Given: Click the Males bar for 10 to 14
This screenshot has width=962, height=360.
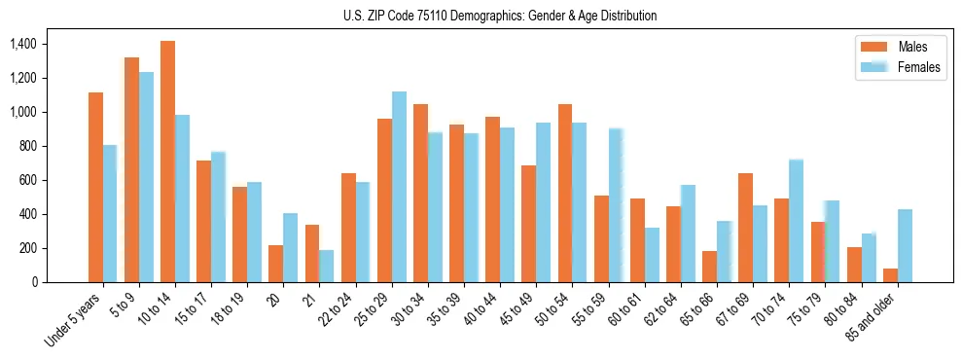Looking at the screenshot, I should point(168,162).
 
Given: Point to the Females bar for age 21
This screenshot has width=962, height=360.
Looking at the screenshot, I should point(327,266).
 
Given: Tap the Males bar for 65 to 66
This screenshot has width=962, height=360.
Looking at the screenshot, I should point(709,267).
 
